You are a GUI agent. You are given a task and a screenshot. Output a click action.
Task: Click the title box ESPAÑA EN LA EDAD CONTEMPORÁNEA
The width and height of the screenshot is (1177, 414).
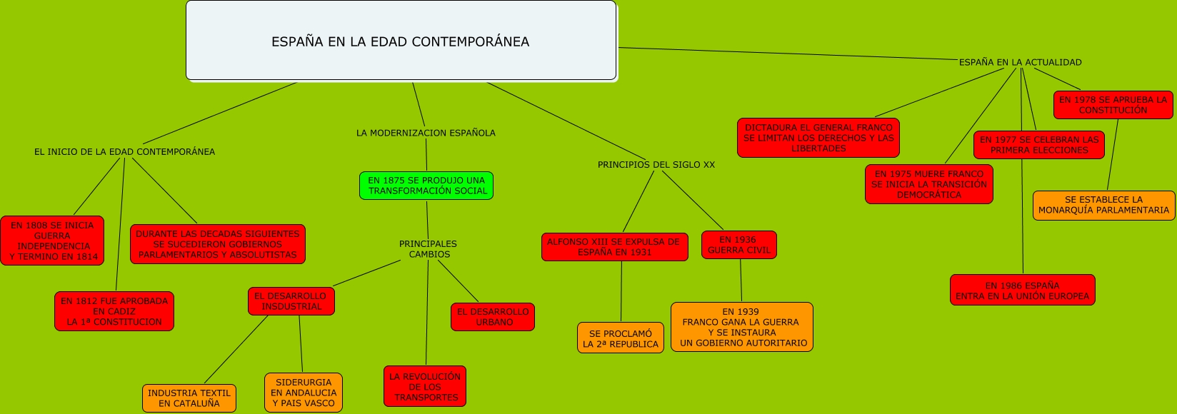pos(401,41)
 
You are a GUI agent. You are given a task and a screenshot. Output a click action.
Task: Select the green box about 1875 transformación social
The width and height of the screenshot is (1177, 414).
pos(426,186)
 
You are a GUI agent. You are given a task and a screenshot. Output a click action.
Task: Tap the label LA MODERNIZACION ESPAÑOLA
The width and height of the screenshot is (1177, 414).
pos(426,133)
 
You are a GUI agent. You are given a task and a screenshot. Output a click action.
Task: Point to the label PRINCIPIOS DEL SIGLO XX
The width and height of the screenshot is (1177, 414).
pos(656,165)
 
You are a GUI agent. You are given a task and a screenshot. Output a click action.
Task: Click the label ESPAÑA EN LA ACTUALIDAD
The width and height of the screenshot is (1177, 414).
pos(1020,63)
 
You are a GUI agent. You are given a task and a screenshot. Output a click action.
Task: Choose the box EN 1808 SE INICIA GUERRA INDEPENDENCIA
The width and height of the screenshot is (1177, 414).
pos(52,241)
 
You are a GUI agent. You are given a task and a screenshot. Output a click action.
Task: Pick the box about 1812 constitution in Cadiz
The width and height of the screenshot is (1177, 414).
pos(114,311)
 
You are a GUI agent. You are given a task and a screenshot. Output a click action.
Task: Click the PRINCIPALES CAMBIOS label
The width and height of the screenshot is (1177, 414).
pos(428,249)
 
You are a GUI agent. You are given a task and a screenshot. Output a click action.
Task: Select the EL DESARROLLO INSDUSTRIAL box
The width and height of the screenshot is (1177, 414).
pos(291,301)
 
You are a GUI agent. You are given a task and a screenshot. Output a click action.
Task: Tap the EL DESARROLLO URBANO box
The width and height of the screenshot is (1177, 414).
pos(493,317)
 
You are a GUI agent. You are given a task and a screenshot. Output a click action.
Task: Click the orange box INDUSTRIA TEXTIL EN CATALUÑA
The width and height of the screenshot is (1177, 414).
pos(189,398)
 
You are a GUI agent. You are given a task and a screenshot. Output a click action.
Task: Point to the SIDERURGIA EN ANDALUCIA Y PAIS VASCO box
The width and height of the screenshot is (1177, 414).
pos(304,393)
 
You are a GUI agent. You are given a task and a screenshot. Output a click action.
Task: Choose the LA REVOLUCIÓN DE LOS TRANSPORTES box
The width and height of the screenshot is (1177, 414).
pos(425,386)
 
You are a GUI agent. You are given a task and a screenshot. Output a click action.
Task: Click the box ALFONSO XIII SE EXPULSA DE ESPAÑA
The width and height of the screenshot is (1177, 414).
pos(614,247)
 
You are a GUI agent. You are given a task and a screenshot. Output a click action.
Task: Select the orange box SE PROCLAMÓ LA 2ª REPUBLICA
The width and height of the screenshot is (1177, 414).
pos(621,338)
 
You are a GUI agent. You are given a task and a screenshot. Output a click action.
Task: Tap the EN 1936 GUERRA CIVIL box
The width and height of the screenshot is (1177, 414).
pos(738,245)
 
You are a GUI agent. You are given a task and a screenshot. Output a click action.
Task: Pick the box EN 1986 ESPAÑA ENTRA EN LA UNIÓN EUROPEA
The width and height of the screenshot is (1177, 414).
pos(1022,291)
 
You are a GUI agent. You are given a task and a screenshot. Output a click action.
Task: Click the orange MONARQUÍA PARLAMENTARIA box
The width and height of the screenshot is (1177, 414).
pos(1103,205)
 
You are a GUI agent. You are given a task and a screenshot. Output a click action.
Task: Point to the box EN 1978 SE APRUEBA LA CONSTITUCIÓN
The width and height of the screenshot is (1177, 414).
pos(1113,105)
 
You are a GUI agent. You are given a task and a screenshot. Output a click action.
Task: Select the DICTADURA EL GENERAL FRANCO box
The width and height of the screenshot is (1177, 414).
pos(818,138)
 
